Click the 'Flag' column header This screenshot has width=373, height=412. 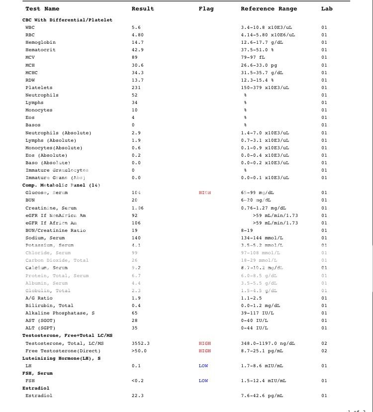click(206, 9)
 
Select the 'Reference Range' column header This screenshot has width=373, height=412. click(269, 9)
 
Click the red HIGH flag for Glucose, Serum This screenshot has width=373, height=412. click(204, 193)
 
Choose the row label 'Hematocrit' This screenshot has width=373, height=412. click(40, 50)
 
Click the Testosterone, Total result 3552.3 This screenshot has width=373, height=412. click(141, 343)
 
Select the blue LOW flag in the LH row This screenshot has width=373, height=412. click(203, 366)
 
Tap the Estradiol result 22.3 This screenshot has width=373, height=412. click(137, 396)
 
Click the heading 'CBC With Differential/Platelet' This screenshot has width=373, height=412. click(67, 20)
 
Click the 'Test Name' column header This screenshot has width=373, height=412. click(42, 9)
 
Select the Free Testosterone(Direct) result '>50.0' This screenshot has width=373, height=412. click(140, 351)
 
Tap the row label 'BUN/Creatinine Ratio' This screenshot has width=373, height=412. click(55, 230)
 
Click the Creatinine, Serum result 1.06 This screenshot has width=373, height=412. click(137, 208)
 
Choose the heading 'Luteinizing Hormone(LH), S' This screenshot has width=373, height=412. click(61, 358)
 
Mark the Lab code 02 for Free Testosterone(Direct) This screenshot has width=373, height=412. click(324, 351)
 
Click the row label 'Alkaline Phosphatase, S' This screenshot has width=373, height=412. click(59, 313)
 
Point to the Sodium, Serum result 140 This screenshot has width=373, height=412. click(136, 238)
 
